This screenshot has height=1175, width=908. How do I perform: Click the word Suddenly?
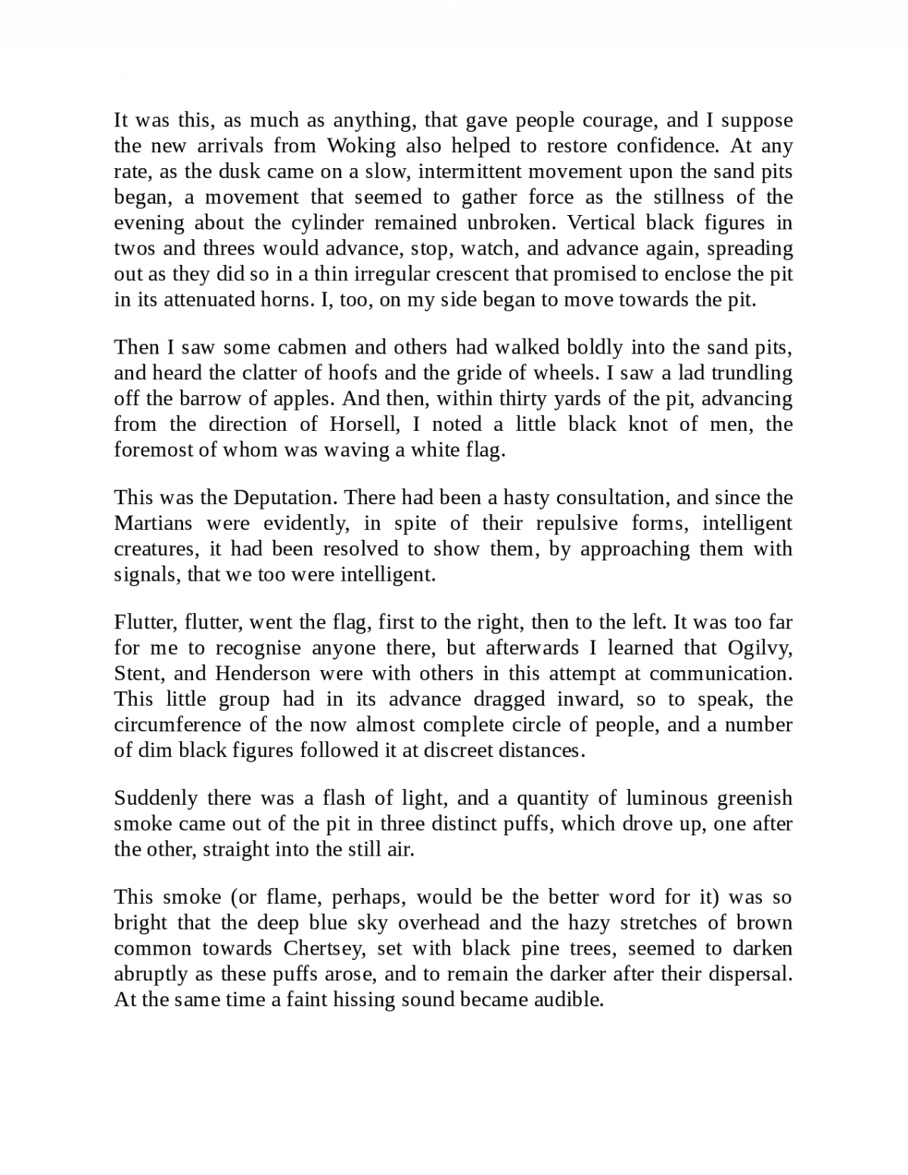click(x=156, y=799)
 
